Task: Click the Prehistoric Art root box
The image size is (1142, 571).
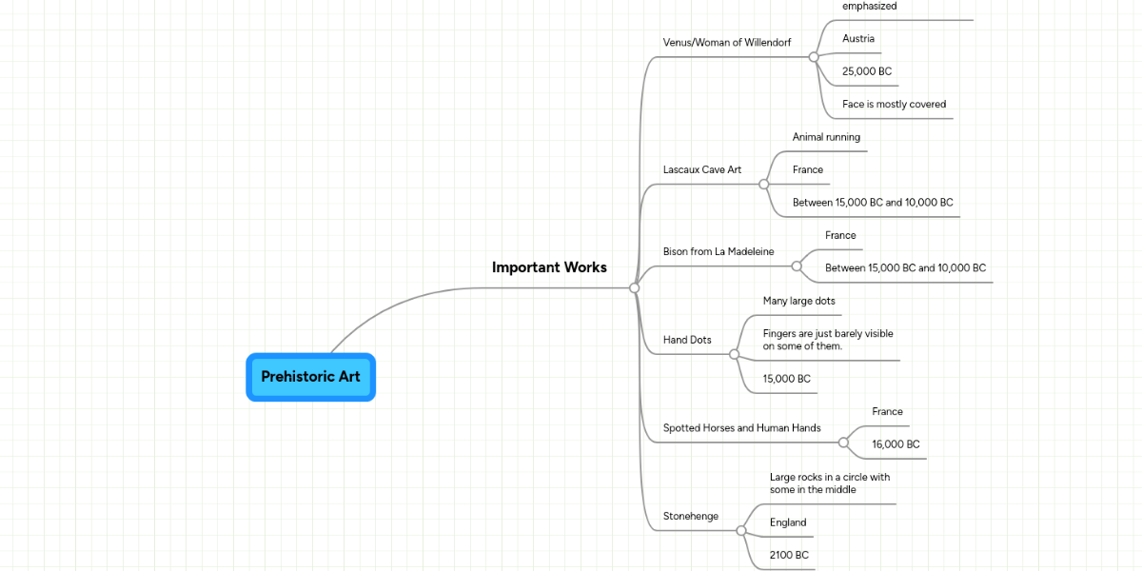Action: click(310, 377)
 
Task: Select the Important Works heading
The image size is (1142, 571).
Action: click(549, 267)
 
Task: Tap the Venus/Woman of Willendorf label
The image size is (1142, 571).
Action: click(726, 42)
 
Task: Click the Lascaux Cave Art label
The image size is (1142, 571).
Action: click(702, 170)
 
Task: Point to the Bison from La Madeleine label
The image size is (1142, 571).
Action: click(719, 251)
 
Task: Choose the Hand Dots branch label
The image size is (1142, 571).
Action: click(687, 340)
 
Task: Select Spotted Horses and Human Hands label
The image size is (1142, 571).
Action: click(741, 428)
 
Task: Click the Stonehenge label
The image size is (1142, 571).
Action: click(691, 516)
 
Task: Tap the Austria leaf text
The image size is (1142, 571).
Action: click(858, 39)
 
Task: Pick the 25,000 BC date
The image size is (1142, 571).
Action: click(867, 71)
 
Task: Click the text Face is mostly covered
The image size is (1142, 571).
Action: click(894, 105)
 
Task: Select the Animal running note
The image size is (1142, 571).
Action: click(826, 137)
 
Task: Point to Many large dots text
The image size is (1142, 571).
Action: click(798, 301)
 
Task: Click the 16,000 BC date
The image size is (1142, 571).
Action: click(896, 444)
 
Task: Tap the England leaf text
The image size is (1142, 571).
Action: click(788, 522)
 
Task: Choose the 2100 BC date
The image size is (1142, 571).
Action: click(789, 555)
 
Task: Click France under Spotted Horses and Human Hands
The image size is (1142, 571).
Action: click(887, 412)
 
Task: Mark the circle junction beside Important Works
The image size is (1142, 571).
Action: click(634, 287)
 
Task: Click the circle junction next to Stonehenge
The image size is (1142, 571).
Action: click(741, 531)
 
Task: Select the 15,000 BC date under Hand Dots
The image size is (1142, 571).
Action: click(787, 379)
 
